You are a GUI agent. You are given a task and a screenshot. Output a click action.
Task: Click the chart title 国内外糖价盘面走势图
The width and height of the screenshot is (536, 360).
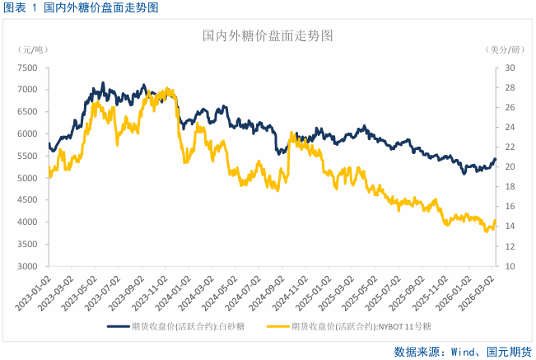[268, 37]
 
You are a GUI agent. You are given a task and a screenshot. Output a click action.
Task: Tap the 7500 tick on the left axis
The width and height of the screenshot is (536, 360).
[27, 68]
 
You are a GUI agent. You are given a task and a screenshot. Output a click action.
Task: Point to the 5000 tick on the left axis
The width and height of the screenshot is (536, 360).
[27, 178]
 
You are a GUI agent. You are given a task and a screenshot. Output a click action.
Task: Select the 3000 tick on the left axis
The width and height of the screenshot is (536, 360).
[27, 267]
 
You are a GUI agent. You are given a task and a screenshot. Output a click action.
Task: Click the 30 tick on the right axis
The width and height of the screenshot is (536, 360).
[510, 68]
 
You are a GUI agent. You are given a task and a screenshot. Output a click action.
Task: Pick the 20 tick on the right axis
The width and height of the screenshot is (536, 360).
[510, 167]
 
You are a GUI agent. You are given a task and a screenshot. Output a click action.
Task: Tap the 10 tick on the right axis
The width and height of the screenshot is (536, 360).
[510, 267]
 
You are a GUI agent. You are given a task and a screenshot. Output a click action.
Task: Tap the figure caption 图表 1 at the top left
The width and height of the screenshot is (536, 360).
[21, 7]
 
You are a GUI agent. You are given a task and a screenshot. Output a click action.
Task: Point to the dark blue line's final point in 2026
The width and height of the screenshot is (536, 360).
[495, 159]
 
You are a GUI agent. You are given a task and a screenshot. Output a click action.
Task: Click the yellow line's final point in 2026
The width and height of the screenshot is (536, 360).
[495, 221]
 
